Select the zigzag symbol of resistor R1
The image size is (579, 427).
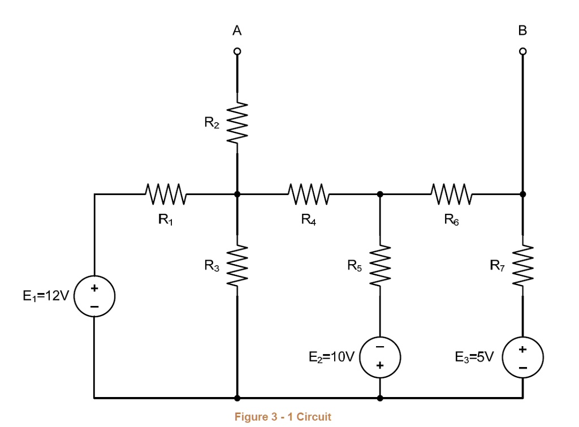tap(165, 194)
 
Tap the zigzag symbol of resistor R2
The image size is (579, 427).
tap(237, 123)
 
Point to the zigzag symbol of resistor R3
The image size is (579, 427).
tap(237, 265)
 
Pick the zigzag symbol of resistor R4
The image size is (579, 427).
tap(308, 194)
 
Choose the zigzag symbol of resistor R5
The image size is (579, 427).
tap(379, 265)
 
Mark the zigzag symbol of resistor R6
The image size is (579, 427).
tap(451, 194)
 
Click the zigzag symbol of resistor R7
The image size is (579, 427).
tap(522, 265)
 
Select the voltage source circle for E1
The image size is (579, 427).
tap(94, 297)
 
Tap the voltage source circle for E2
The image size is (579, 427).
tap(379, 357)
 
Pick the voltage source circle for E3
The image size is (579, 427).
tap(522, 357)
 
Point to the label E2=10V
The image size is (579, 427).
tap(331, 357)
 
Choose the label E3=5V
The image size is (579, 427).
tap(474, 357)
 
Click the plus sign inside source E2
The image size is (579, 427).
tap(380, 366)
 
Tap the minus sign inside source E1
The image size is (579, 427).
tap(94, 307)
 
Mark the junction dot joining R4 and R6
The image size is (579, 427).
tap(379, 194)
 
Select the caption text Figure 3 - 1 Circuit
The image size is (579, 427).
tap(283, 417)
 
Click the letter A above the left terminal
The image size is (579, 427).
tap(237, 32)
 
